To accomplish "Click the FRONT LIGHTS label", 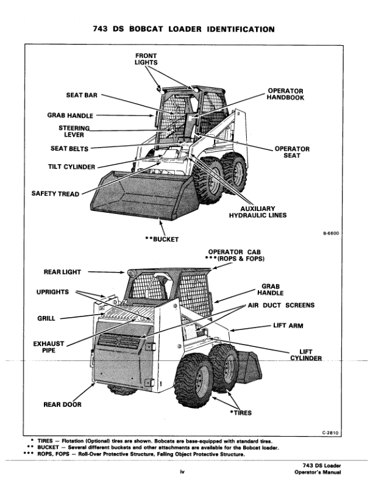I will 146,59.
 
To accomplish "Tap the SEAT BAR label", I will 82,95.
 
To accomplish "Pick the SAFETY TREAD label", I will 55,194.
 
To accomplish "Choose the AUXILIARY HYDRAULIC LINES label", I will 258,211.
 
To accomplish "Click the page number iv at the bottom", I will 181,471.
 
